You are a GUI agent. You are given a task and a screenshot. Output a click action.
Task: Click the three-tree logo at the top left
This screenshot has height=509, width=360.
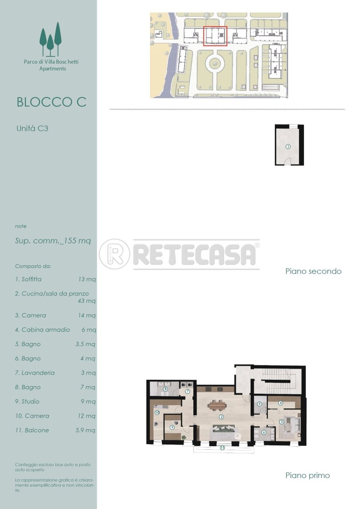point(51,39)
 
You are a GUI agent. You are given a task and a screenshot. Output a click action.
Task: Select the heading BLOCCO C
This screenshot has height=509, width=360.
point(51,102)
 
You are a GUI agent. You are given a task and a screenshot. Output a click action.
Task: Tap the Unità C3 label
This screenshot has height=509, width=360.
point(32,128)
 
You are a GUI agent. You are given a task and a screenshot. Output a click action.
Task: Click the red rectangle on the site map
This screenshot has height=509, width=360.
point(215,36)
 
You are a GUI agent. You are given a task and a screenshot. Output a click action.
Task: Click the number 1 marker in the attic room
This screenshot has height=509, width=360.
point(288,147)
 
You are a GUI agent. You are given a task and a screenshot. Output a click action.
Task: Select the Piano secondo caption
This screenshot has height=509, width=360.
point(313,272)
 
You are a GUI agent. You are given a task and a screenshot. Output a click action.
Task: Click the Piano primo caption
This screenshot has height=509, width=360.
point(307,475)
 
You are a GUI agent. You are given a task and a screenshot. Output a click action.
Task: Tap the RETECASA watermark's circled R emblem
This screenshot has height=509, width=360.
point(115,254)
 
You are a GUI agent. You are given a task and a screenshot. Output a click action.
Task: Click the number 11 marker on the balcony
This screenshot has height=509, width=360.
point(222,448)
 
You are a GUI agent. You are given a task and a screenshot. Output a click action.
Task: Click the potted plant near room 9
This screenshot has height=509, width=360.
point(184,437)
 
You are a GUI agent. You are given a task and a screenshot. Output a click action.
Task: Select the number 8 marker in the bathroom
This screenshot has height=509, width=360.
point(165,389)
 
